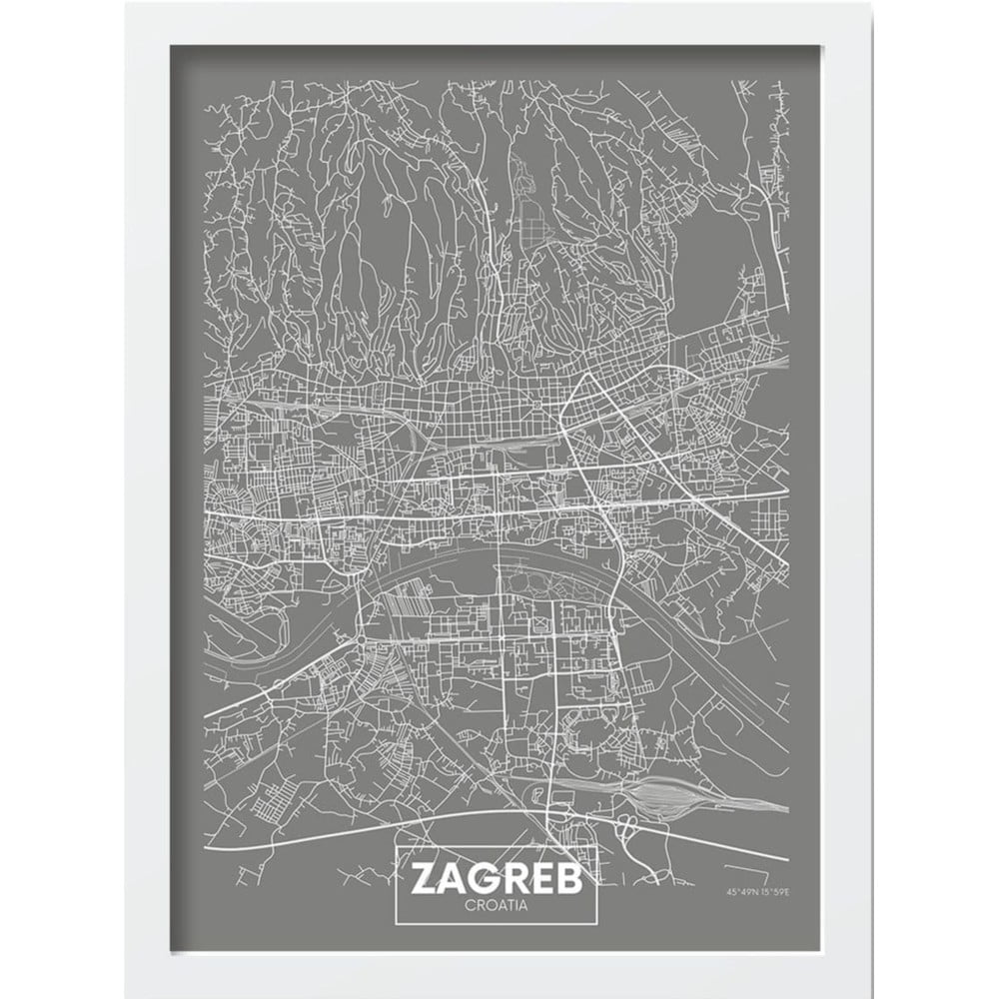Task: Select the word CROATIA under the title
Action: click(498, 906)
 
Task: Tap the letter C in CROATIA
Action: click(470, 906)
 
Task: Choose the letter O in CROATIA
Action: click(489, 906)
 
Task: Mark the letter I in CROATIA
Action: click(515, 906)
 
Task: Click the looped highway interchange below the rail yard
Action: click(628, 827)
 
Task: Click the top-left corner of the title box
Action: click(397, 848)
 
